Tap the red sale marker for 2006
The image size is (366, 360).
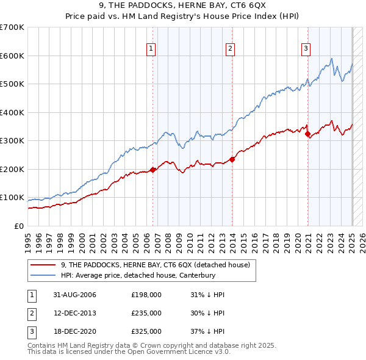coord(153,170)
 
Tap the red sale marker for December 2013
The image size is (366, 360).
coord(232,160)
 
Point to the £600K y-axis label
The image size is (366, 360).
coord(12,56)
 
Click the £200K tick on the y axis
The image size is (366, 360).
coord(12,169)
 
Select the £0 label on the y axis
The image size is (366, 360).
coord(18,226)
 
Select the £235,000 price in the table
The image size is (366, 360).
coord(146,313)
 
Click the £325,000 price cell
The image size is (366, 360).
coord(146,331)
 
